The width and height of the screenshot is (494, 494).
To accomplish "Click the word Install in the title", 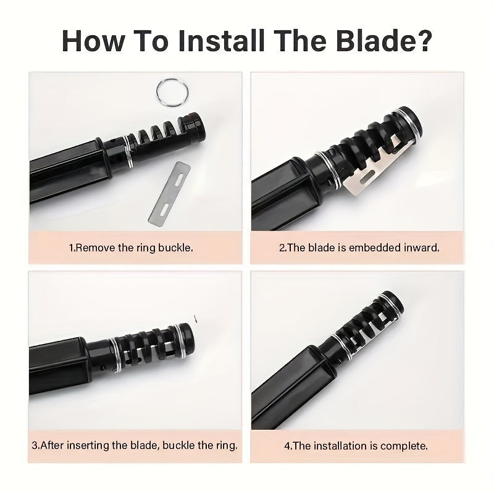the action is (x=221, y=41).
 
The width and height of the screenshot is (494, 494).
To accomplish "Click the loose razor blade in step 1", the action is (x=169, y=193).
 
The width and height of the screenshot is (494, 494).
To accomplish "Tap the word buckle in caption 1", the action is (x=175, y=248).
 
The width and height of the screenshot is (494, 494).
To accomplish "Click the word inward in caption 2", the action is (x=421, y=248).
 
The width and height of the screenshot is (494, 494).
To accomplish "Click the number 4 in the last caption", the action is (x=287, y=446).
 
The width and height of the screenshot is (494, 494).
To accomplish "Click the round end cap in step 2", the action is (x=409, y=121).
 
